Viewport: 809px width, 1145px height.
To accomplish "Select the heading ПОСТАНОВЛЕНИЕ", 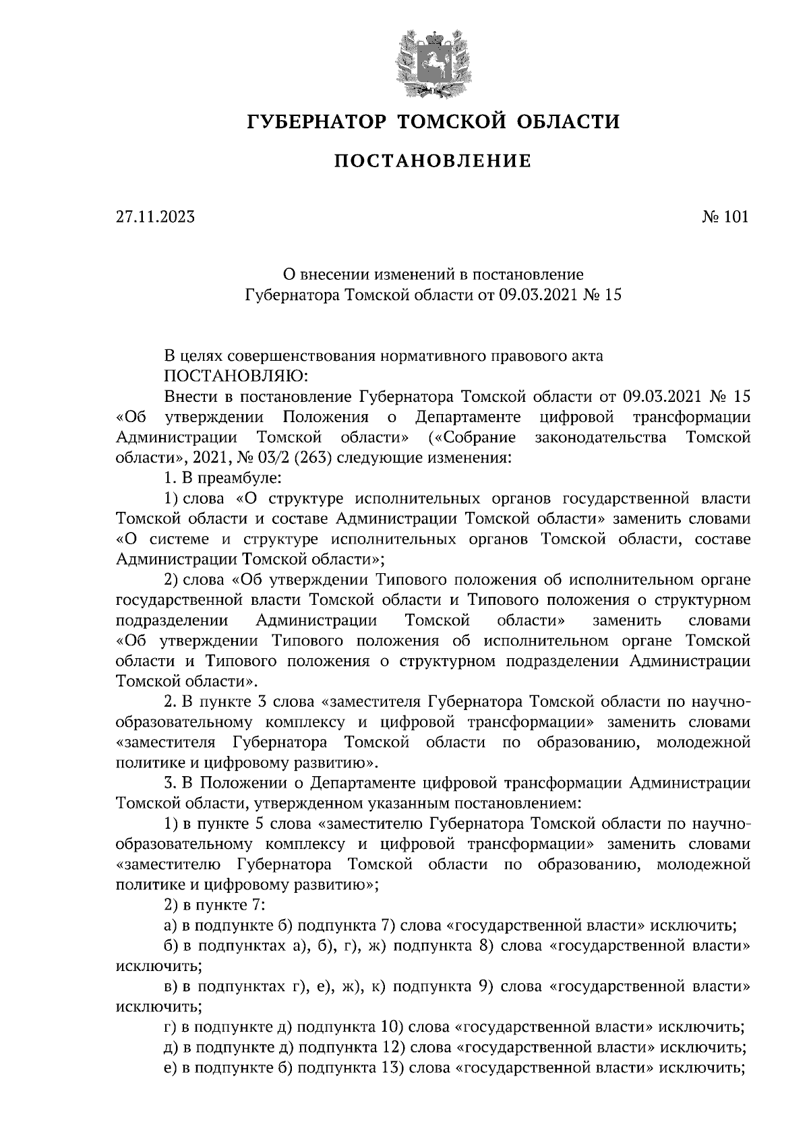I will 433,161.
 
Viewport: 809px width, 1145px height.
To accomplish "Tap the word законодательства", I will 601,438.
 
